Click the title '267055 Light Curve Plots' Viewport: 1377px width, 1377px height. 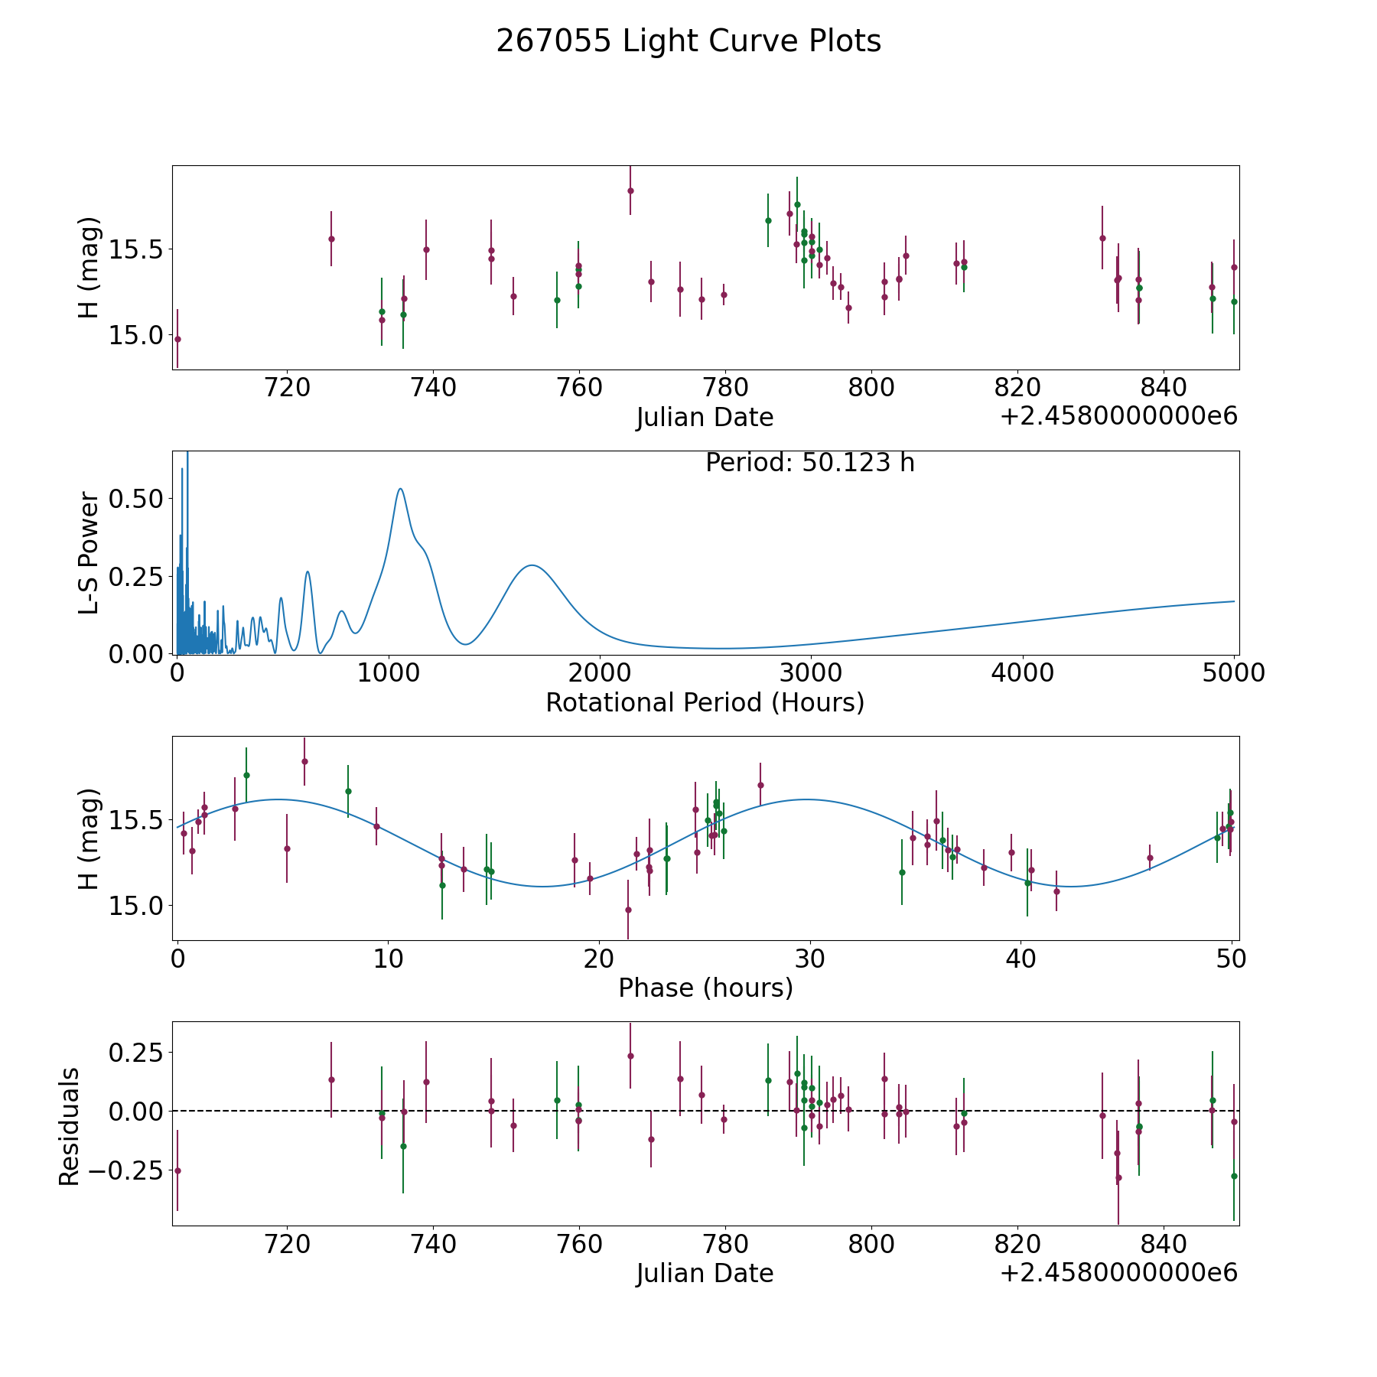(688, 41)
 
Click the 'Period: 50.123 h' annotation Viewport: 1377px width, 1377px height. (809, 463)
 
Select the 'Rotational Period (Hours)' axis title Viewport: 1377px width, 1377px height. (705, 702)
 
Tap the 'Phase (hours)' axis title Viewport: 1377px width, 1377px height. (705, 988)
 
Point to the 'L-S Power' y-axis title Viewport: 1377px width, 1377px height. (90, 552)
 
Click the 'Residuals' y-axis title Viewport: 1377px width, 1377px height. (70, 1127)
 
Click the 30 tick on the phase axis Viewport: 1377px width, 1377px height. (809, 959)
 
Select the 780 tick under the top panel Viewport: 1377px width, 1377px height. (724, 388)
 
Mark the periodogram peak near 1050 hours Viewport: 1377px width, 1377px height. (400, 489)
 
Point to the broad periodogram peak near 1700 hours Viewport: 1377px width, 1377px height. (531, 565)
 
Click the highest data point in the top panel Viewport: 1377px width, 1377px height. (630, 190)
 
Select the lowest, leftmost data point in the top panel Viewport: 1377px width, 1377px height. (177, 339)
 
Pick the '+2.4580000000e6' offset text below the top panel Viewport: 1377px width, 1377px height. (1118, 417)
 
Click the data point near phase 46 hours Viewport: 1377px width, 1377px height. (1150, 858)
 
